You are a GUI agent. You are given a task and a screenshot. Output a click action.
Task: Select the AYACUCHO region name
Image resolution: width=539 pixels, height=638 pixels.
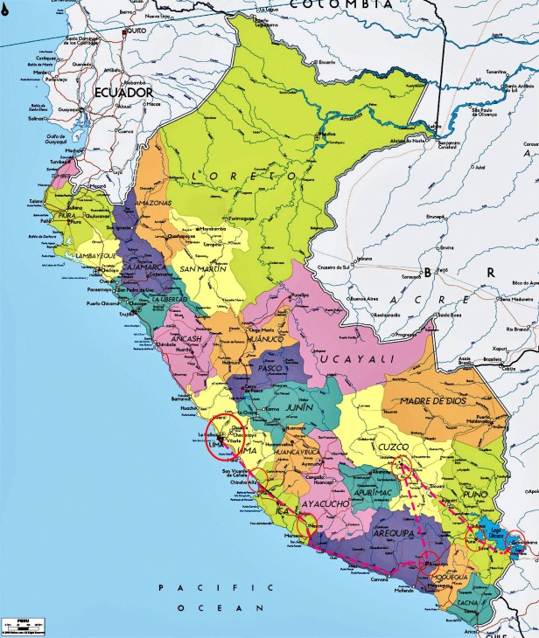pos(325,504)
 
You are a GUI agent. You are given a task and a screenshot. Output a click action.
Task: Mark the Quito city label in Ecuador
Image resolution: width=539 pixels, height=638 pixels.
pos(136,31)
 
